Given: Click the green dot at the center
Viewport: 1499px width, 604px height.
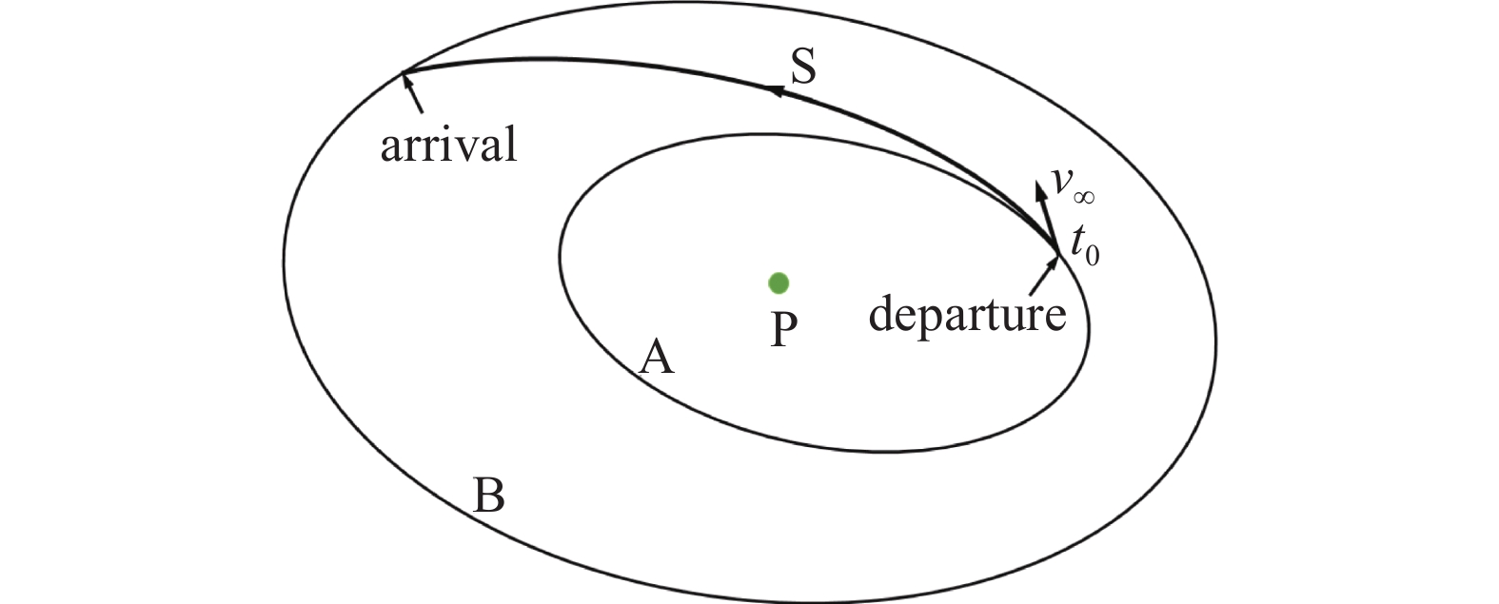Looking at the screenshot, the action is tap(779, 283).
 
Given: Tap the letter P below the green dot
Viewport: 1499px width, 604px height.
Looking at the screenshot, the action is tap(783, 329).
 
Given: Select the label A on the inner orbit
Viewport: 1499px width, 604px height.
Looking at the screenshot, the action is tap(656, 357).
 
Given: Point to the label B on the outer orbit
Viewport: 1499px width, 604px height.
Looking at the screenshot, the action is tap(489, 495).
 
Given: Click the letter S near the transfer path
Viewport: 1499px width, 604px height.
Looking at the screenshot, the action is tap(803, 67).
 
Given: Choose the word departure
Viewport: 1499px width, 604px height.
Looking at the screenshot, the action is tap(967, 314).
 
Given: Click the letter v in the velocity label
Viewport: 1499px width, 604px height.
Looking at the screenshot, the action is tap(1062, 180).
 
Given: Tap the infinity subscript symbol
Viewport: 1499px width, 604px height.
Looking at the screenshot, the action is tap(1083, 197).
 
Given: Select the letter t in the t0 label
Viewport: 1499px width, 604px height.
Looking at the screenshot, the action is tap(1076, 241).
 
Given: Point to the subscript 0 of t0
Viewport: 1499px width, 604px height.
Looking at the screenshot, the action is tap(1093, 256).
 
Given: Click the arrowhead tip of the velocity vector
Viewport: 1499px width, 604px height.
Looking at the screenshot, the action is tap(1038, 182).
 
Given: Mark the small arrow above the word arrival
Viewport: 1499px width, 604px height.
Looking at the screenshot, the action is tap(413, 93).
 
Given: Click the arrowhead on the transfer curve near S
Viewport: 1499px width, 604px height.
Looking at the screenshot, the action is tap(775, 89).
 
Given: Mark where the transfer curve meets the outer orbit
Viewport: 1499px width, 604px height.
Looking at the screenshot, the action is tap(402, 72).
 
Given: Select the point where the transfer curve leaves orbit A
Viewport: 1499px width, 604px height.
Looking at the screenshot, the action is tap(1058, 253).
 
